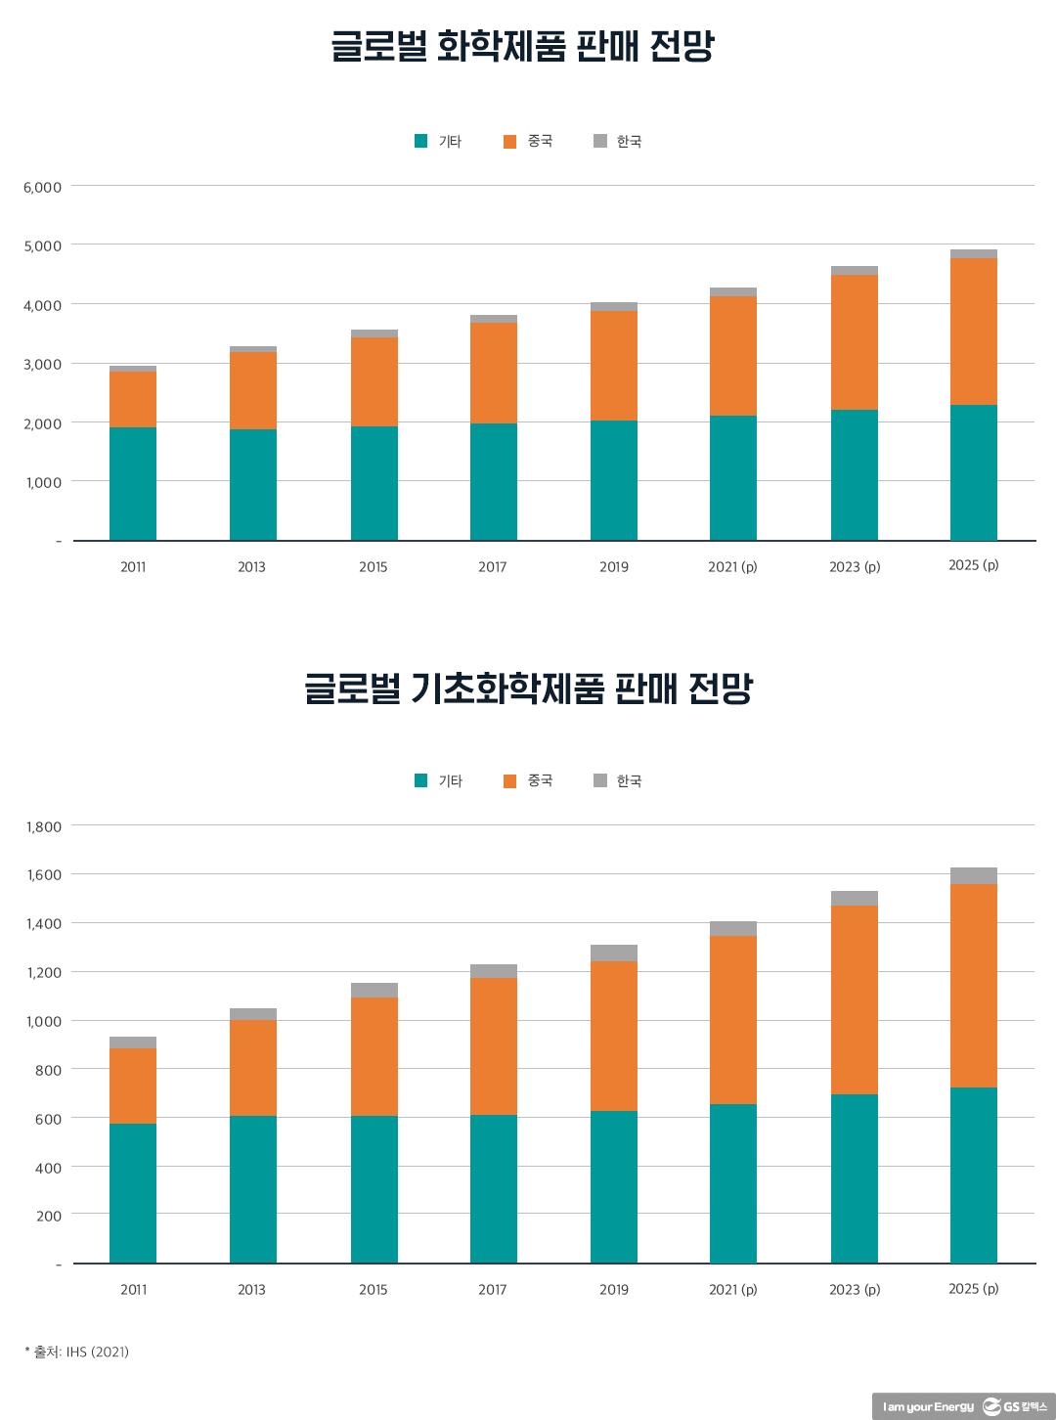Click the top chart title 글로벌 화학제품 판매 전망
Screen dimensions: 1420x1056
[x=523, y=47]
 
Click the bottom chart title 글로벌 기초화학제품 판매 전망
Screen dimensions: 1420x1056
[x=528, y=688]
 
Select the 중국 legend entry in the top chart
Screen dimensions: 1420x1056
[x=529, y=141]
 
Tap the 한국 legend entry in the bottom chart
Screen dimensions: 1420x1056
[x=618, y=780]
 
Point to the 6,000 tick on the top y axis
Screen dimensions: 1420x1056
[x=42, y=187]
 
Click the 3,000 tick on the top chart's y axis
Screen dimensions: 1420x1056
[x=42, y=364]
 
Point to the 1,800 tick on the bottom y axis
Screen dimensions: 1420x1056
[x=44, y=826]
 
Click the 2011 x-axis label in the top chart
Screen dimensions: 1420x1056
[x=133, y=567]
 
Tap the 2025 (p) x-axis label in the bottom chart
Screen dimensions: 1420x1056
[x=974, y=1289]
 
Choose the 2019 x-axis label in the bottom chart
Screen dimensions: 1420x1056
[x=614, y=1290]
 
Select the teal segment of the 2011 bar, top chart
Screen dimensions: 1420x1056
[x=133, y=483]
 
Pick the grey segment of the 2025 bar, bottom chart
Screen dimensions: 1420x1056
[x=974, y=875]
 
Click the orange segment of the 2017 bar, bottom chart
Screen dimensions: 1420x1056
[x=494, y=1046]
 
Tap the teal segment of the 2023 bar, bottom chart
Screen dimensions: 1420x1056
[x=855, y=1178]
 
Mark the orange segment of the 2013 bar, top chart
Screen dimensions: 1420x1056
[x=253, y=390]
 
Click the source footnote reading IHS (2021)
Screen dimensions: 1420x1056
[x=77, y=1352]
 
